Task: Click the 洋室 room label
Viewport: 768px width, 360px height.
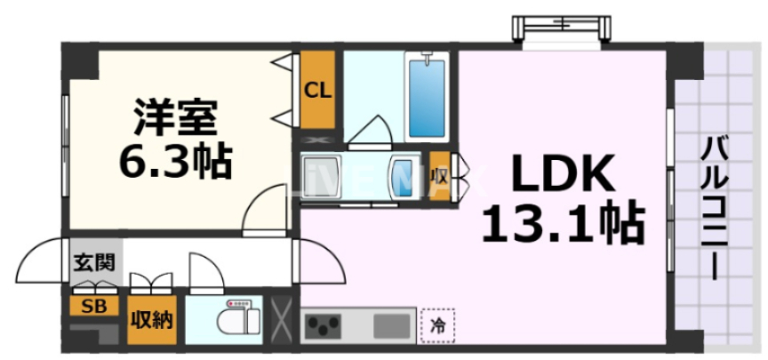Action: tap(175, 118)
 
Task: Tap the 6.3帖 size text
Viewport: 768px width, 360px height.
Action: tap(175, 161)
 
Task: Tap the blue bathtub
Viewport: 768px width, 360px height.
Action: tap(428, 95)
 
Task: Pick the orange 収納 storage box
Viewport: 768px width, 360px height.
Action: tap(153, 319)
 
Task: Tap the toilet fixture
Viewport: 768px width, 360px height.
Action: tap(238, 318)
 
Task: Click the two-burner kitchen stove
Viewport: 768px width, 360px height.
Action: tap(324, 326)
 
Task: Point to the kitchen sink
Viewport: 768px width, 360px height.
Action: tap(391, 325)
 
